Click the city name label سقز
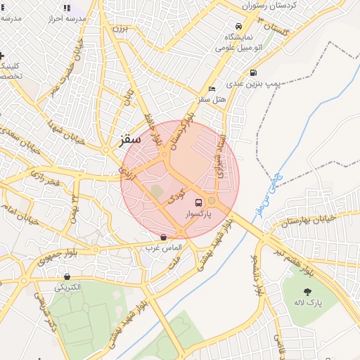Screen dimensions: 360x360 (x=126, y=139)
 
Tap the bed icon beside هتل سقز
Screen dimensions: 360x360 (x=212, y=89)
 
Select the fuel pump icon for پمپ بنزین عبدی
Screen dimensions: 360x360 (x=252, y=72)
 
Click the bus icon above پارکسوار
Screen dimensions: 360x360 (x=197, y=202)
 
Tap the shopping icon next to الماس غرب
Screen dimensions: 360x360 (x=163, y=238)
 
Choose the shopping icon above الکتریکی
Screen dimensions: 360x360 (x=67, y=277)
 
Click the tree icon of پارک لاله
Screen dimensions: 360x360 (x=307, y=291)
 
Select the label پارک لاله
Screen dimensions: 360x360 (x=308, y=302)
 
